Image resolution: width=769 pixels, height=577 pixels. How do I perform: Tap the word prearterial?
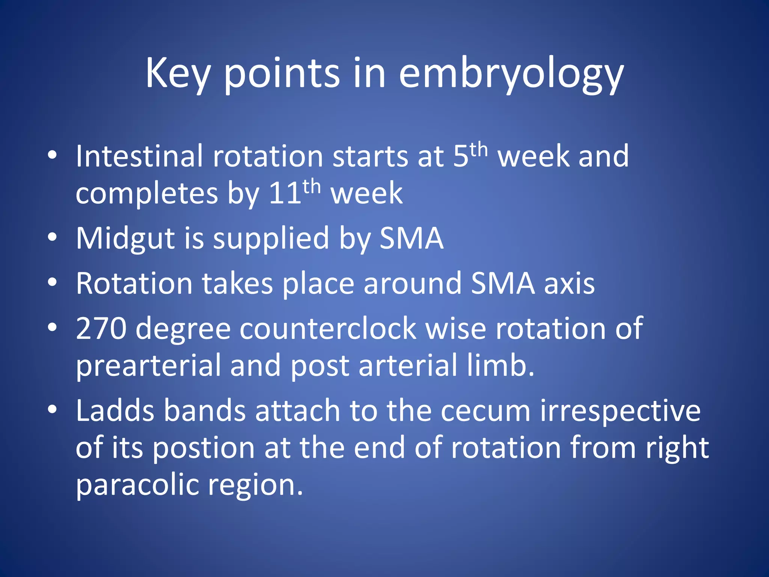[148, 366]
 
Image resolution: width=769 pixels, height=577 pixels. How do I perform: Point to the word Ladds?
[115, 411]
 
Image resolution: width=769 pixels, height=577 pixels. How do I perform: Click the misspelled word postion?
[203, 448]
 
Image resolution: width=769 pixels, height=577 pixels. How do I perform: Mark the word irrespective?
[620, 411]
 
